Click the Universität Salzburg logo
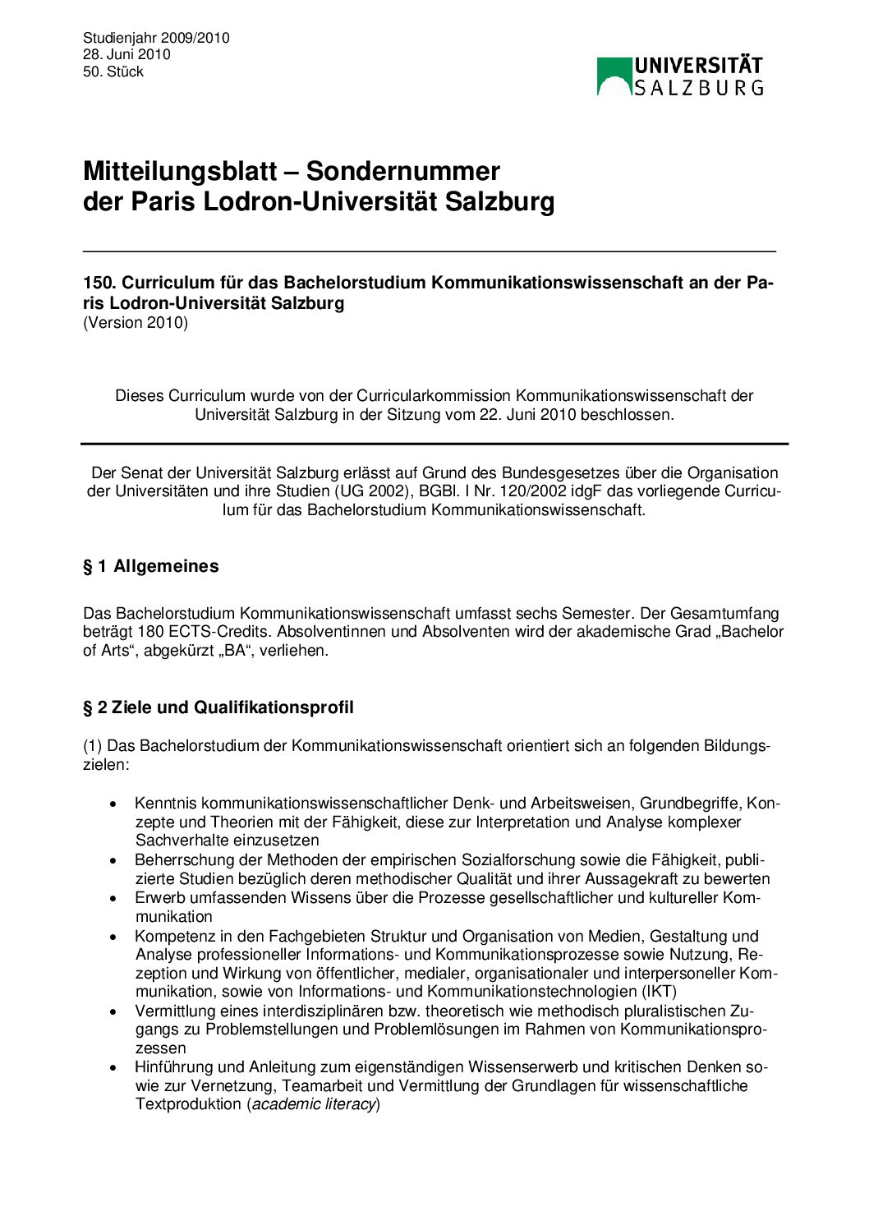(x=680, y=76)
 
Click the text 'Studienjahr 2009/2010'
(x=156, y=38)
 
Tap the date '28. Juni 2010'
(x=126, y=54)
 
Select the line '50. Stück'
(x=113, y=71)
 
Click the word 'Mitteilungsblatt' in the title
(x=180, y=171)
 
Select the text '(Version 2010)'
(x=136, y=322)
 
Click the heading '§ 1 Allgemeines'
(x=151, y=566)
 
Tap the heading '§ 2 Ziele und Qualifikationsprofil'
(x=218, y=707)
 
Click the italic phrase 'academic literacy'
(x=314, y=1104)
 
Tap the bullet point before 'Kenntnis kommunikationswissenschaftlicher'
(x=114, y=804)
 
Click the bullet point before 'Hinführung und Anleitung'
(x=114, y=1067)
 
